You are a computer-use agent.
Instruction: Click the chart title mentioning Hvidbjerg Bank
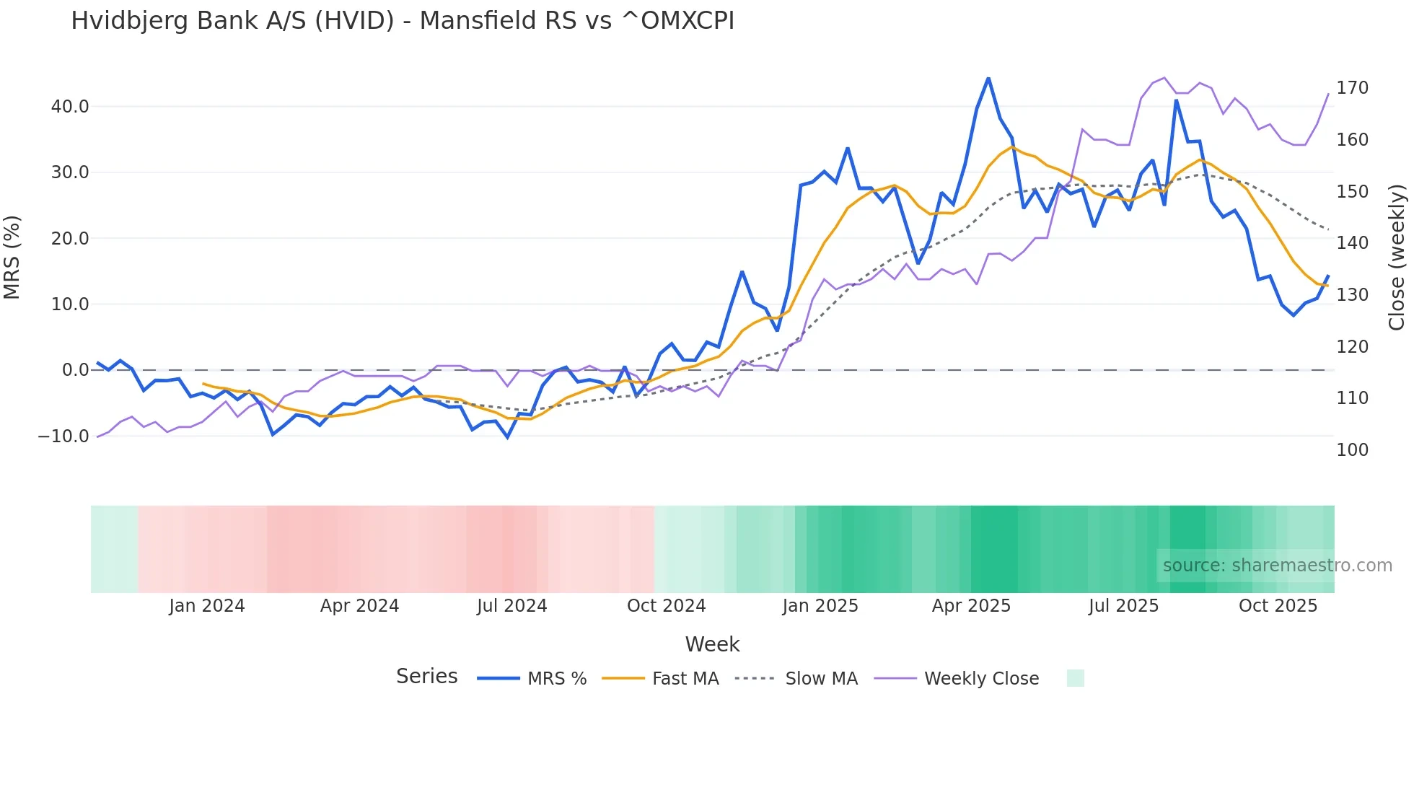click(x=402, y=21)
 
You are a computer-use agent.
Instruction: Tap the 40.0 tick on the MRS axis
click(x=70, y=107)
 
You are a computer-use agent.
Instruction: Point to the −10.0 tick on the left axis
click(x=63, y=436)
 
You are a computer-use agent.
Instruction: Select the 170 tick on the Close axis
click(x=1352, y=88)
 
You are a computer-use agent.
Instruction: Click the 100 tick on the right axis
click(x=1352, y=450)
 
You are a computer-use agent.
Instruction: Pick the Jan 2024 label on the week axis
click(x=207, y=606)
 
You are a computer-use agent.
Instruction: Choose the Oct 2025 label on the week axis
click(x=1278, y=606)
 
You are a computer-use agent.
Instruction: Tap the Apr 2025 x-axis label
click(x=971, y=606)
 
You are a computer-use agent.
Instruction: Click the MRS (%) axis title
click(x=12, y=258)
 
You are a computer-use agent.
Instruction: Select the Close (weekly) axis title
click(x=1397, y=258)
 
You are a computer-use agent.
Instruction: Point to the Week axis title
click(x=712, y=644)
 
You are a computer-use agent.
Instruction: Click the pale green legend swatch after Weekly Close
click(x=1075, y=678)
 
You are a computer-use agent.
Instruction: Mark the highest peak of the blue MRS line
click(x=988, y=78)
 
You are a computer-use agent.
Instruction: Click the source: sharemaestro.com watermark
click(x=1277, y=566)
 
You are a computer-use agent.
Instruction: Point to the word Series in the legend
click(x=426, y=677)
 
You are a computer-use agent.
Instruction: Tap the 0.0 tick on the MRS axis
click(x=75, y=370)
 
